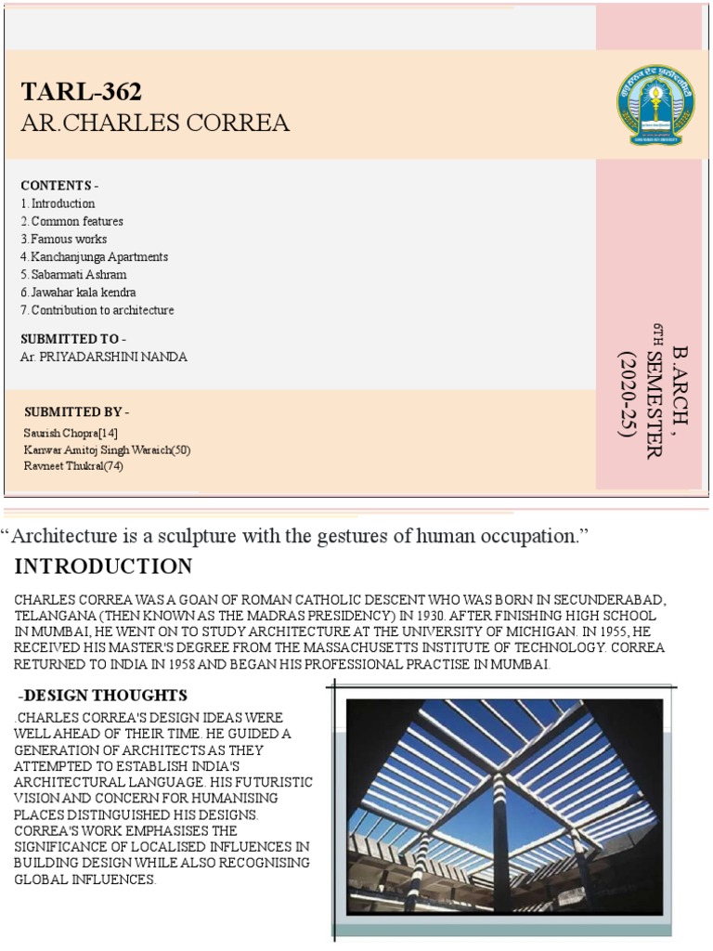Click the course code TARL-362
click(x=82, y=92)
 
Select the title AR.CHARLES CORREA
click(x=154, y=123)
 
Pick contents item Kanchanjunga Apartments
click(x=95, y=257)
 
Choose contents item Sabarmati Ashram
click(x=74, y=275)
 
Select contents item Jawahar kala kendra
click(x=79, y=293)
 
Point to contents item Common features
click(x=72, y=222)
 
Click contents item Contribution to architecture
click(x=97, y=310)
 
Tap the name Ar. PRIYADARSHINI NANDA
click(x=103, y=357)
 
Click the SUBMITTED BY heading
click(x=76, y=411)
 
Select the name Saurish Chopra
click(x=71, y=433)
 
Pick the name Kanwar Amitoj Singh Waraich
click(x=107, y=449)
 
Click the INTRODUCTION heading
click(x=104, y=567)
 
